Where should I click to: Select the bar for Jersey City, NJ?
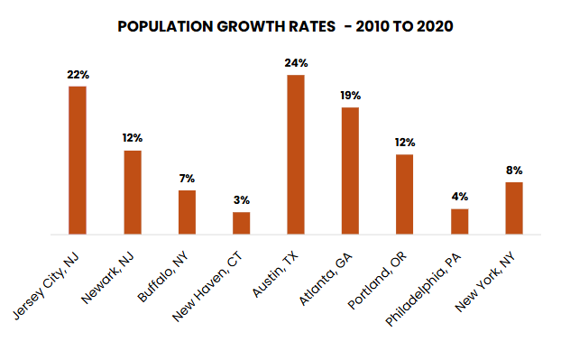[x=78, y=161]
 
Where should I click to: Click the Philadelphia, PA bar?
[x=460, y=222]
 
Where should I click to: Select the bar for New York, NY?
[x=514, y=208]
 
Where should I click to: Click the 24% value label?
[x=296, y=63]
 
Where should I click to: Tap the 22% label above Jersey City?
[x=78, y=75]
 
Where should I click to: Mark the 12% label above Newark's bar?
[x=133, y=139]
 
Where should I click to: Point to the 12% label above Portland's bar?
[x=405, y=143]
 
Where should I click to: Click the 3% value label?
[x=242, y=200]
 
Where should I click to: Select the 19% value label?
[x=350, y=96]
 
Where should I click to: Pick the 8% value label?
[x=514, y=171]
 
